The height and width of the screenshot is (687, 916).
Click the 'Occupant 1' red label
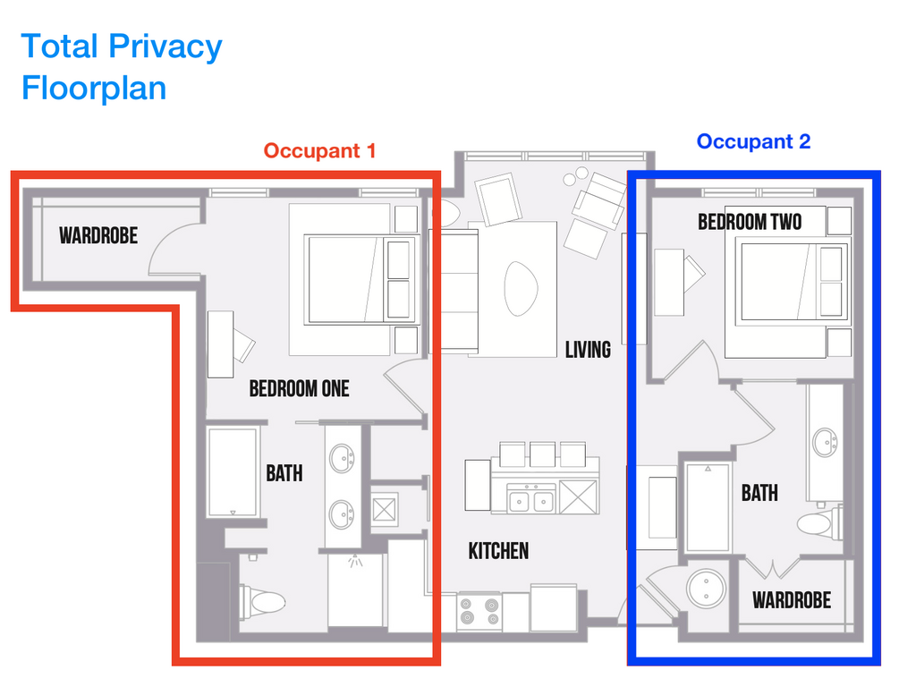point(319,150)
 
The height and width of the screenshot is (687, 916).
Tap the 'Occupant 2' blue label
point(753,141)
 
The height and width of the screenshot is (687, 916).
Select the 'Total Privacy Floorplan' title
point(122,67)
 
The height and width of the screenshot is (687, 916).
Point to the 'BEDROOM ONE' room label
point(299,388)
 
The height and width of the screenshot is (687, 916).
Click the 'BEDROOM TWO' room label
point(750,221)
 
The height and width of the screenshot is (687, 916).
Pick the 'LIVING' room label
point(588,349)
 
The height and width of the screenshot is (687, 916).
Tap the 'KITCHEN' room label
point(498,551)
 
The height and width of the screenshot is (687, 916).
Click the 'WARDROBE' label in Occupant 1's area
point(98,235)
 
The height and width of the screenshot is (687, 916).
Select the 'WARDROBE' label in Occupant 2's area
point(792,600)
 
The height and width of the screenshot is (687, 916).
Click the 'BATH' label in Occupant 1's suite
point(284,473)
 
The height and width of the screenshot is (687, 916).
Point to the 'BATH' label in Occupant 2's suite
point(759,492)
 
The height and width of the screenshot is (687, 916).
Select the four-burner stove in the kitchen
point(479,613)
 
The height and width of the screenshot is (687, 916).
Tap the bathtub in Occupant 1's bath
point(233,472)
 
